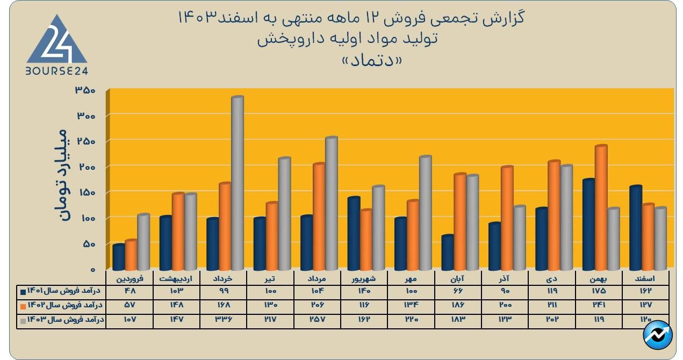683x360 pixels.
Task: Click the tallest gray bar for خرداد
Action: click(x=237, y=183)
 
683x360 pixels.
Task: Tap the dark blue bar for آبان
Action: click(x=448, y=253)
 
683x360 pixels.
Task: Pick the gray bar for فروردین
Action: click(x=143, y=242)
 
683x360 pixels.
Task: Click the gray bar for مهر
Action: click(x=425, y=213)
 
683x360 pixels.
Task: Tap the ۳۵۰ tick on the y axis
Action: click(x=85, y=90)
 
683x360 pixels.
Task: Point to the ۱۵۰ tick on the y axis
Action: click(x=85, y=192)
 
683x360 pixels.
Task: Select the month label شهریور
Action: click(x=364, y=278)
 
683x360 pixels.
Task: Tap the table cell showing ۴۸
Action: click(x=130, y=291)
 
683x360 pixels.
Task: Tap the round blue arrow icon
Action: click(x=658, y=336)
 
